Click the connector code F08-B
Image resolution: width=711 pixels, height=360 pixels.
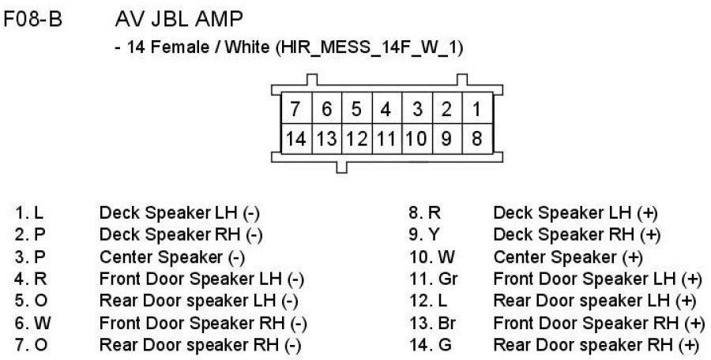coord(33,18)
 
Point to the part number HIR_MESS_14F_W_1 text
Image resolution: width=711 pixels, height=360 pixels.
coord(368,47)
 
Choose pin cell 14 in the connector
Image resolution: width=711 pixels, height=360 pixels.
coord(295,139)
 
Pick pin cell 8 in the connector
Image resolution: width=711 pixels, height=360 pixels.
coord(476,139)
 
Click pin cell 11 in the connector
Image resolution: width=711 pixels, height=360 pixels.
coord(386,139)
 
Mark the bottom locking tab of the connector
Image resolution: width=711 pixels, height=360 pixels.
coord(341,166)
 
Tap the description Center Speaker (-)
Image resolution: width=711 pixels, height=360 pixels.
coord(172,257)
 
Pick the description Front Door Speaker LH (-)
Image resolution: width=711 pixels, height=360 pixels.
coord(201,279)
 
